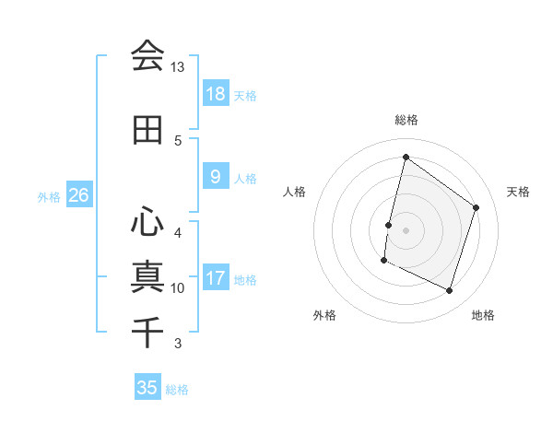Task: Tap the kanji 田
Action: point(147,130)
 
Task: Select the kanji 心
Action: point(147,221)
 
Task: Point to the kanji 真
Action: point(147,275)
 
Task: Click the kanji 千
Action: point(147,330)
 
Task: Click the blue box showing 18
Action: point(216,94)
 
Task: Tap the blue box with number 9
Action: point(216,177)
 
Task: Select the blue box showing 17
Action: point(216,278)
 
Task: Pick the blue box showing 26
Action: point(78,195)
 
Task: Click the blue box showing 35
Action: point(147,388)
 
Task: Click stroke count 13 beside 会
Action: point(178,67)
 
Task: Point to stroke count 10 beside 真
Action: point(178,288)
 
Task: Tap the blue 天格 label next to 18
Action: point(245,95)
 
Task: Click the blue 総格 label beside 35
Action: point(177,389)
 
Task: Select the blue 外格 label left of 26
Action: point(49,196)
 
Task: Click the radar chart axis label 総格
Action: point(406,120)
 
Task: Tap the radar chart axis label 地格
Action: point(483,315)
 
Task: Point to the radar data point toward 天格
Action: point(477,207)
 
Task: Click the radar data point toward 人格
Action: point(388,225)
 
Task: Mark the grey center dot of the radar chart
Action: point(406,230)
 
